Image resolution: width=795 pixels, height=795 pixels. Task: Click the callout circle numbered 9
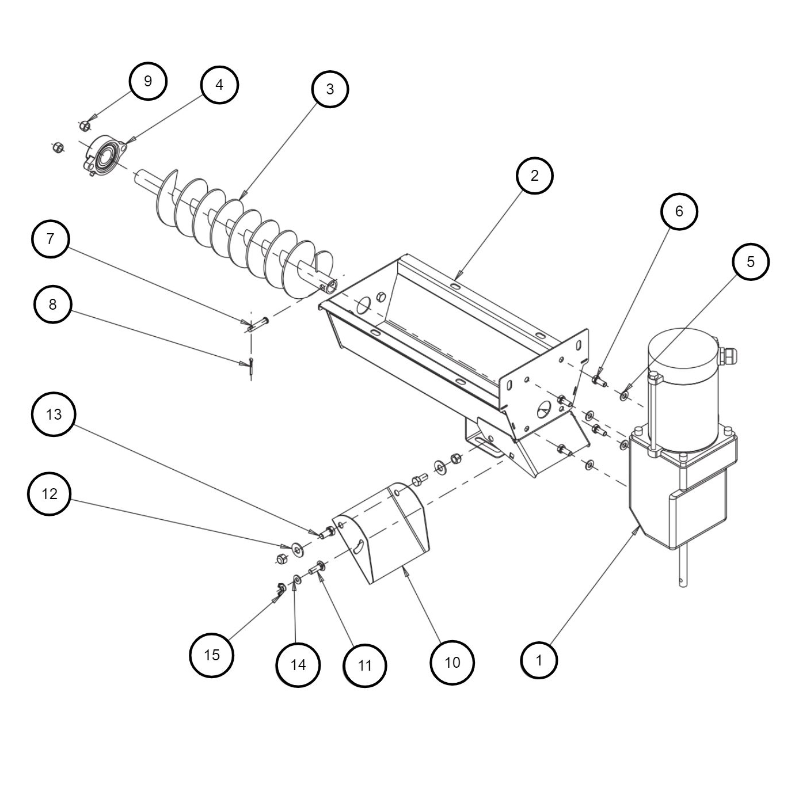pyautogui.click(x=148, y=81)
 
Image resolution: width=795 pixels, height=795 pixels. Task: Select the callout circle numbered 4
pyautogui.click(x=219, y=85)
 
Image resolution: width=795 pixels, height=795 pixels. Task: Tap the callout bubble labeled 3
pyautogui.click(x=330, y=89)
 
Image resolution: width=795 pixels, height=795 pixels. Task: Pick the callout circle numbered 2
pyautogui.click(x=534, y=176)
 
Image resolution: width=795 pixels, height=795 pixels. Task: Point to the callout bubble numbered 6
pyautogui.click(x=679, y=211)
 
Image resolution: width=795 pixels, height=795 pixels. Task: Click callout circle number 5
pyautogui.click(x=751, y=261)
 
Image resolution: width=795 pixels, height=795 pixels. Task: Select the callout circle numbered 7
pyautogui.click(x=51, y=239)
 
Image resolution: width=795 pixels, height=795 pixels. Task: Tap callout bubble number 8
pyautogui.click(x=53, y=305)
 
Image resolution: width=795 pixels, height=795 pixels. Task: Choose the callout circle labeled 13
pyautogui.click(x=54, y=414)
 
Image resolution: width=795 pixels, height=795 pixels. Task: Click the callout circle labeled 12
pyautogui.click(x=50, y=494)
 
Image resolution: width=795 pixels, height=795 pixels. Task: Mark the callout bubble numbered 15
pyautogui.click(x=212, y=655)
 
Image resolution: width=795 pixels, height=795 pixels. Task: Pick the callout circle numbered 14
pyautogui.click(x=298, y=665)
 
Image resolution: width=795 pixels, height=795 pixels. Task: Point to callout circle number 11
pyautogui.click(x=365, y=665)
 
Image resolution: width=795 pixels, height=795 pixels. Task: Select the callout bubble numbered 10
pyautogui.click(x=452, y=663)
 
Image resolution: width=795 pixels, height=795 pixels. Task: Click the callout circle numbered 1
pyautogui.click(x=539, y=660)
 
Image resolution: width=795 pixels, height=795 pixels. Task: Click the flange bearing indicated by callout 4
pyautogui.click(x=105, y=155)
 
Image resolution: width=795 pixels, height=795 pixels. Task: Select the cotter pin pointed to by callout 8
pyautogui.click(x=251, y=367)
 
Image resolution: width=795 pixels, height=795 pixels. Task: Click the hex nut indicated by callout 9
pyautogui.click(x=84, y=124)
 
